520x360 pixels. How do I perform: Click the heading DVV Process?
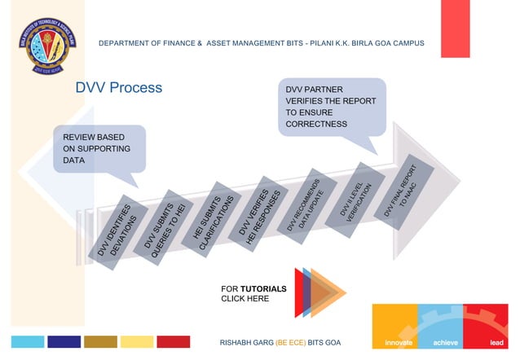(x=119, y=88)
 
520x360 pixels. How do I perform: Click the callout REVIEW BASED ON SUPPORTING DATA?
(x=99, y=149)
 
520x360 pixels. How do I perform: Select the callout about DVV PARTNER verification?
(x=331, y=106)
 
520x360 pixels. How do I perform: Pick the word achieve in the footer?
(x=446, y=342)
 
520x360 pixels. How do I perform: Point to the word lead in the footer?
(x=497, y=342)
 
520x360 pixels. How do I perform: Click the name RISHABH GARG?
(x=247, y=342)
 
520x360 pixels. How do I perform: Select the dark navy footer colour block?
(x=64, y=342)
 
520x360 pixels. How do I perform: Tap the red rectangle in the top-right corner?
(x=455, y=17)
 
